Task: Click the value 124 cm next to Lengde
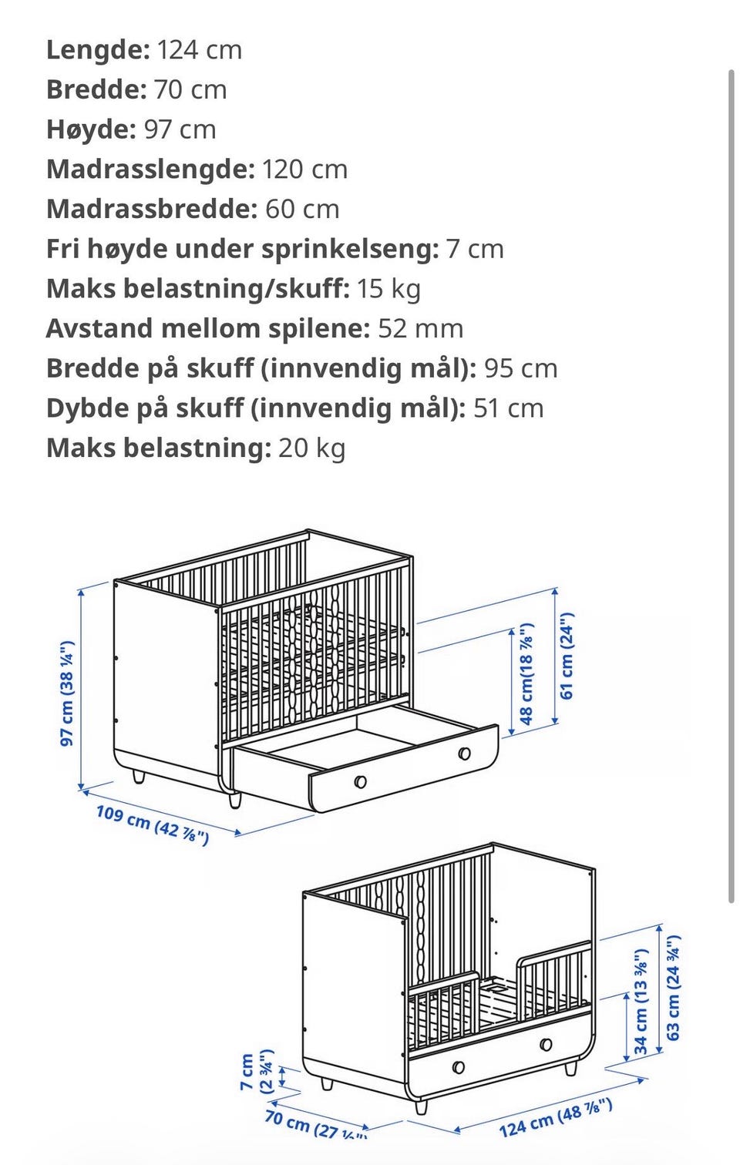click(200, 50)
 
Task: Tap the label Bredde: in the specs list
click(96, 90)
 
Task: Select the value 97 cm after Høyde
click(180, 129)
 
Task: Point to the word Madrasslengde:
click(150, 170)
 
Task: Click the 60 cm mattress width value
click(302, 210)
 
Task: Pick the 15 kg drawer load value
click(388, 289)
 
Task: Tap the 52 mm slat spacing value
click(420, 329)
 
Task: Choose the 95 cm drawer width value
click(520, 369)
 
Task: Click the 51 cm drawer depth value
click(508, 408)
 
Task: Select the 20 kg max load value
click(311, 448)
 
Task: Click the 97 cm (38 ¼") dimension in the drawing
click(67, 693)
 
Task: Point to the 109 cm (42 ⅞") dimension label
click(152, 824)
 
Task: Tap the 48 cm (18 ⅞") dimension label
click(526, 674)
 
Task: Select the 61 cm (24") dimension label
click(567, 656)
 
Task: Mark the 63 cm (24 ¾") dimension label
click(674, 988)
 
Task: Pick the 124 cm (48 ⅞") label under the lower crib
click(555, 1118)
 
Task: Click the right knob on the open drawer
click(464, 753)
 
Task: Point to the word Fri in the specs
click(62, 250)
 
